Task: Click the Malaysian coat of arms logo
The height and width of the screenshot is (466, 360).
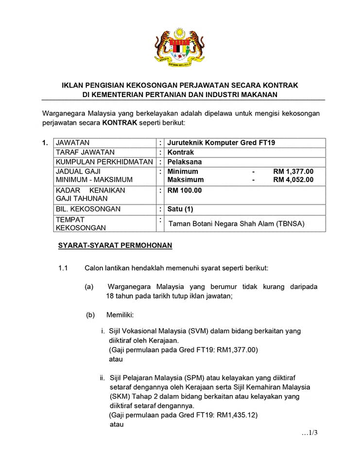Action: [x=179, y=47]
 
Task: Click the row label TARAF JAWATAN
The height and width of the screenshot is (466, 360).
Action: [x=85, y=152]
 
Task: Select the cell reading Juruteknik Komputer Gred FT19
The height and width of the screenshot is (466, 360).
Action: [x=224, y=143]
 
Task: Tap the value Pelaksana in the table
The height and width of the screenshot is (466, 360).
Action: [x=185, y=162]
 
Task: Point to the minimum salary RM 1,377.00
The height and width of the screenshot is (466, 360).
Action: [x=293, y=171]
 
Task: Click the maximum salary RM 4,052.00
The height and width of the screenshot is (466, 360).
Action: [x=293, y=180]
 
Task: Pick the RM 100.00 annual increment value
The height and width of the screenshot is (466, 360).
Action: [x=185, y=190]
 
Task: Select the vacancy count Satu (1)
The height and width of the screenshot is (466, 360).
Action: [x=180, y=209]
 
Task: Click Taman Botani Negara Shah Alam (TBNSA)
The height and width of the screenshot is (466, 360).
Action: [x=239, y=224]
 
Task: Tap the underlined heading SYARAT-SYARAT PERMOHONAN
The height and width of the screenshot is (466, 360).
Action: [x=115, y=246]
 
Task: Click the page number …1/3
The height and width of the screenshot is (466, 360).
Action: [x=309, y=433]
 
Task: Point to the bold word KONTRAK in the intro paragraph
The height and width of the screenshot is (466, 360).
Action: [x=120, y=123]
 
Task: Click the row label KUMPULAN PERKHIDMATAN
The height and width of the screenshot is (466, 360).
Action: [x=104, y=162]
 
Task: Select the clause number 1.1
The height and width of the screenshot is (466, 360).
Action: [x=63, y=268]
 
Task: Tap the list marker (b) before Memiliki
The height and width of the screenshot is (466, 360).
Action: [x=90, y=315]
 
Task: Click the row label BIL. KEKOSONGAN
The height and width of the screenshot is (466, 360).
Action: [x=88, y=209]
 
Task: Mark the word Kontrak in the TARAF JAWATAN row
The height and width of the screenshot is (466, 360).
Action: [x=181, y=152]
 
